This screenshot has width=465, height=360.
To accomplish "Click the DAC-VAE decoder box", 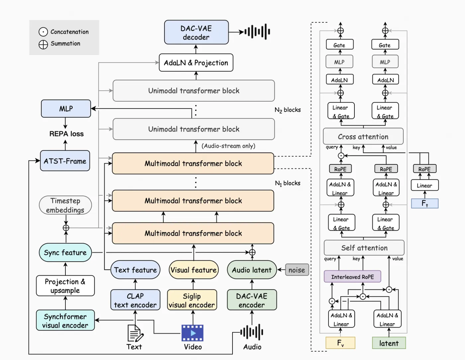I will tap(196, 33).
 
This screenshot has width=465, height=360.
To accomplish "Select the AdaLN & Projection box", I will tap(196, 63).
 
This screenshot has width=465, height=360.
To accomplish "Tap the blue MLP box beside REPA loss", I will tap(66, 109).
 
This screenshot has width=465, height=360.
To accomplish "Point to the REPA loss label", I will tap(66, 134).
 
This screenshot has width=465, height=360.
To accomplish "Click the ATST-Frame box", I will tap(65, 161).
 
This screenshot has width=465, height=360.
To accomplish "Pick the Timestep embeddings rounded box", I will tap(65, 205).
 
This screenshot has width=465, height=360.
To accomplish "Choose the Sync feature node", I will tap(65, 253).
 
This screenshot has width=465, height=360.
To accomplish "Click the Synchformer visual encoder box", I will tap(65, 320).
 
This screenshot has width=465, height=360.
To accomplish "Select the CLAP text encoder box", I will tap(135, 300).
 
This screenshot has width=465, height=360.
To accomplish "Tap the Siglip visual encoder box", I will tap(192, 300).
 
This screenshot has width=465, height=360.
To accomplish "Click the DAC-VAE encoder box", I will tap(252, 300).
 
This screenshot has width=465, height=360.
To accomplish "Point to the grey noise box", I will tap(297, 270).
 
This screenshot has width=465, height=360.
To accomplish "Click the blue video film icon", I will tap(192, 333).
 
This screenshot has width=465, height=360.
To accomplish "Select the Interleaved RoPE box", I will tap(352, 277).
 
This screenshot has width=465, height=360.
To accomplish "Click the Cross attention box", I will tap(363, 136).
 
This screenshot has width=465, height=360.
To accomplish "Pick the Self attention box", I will tap(364, 248).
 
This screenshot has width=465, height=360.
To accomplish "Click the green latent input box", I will tap(389, 343).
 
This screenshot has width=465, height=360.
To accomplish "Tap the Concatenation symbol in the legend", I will tap(43, 32).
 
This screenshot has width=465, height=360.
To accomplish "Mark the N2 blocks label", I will tap(288, 110).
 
